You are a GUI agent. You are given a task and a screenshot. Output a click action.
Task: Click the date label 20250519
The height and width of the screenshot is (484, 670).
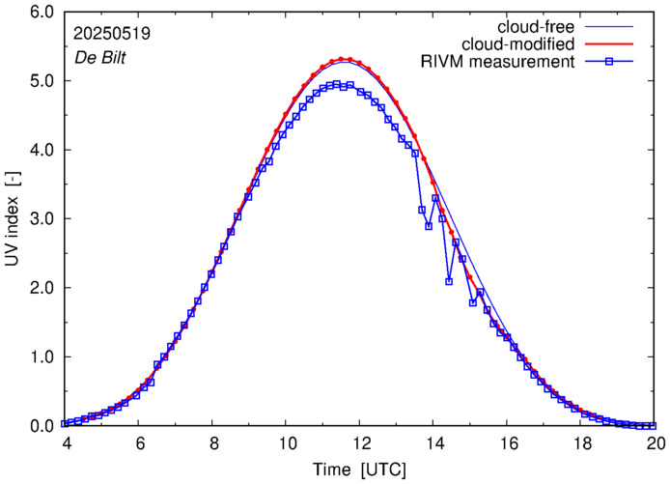110,33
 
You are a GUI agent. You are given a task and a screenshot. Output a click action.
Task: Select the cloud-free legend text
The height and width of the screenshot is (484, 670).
536,25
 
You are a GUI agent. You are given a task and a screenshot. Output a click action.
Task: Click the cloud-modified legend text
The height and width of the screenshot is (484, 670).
520,44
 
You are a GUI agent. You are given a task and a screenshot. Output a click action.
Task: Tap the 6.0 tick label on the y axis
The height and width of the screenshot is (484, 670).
40,13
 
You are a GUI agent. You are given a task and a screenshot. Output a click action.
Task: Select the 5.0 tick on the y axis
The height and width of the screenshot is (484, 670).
40,81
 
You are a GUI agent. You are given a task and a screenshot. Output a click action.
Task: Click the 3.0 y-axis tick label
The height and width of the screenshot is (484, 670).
40,219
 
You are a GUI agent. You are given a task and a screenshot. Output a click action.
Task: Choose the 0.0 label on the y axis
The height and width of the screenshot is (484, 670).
40,426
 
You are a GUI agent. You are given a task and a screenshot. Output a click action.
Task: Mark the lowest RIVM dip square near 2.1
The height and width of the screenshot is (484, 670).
449,281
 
